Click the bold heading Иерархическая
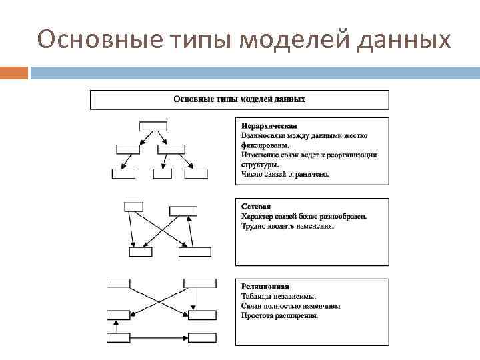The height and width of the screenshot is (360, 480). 269,126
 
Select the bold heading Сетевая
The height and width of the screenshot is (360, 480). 256,207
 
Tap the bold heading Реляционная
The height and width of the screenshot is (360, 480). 265,287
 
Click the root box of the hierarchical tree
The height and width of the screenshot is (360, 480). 153,126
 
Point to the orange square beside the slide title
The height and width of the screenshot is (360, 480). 14,72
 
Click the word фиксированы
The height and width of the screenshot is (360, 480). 265,145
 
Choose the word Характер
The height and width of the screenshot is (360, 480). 257,217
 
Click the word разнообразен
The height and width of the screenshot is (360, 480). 342,217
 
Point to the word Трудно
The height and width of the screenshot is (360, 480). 254,226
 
